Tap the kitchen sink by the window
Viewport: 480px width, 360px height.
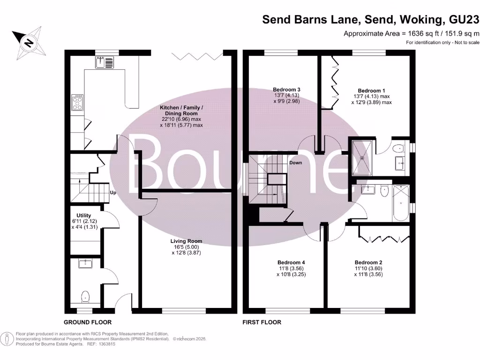click(105, 62)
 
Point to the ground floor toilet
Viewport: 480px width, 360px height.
click(85, 297)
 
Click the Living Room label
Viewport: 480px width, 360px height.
click(186, 241)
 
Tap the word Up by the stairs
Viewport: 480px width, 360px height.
click(113, 193)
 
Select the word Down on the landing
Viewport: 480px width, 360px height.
click(295, 163)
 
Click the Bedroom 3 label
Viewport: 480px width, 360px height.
click(286, 90)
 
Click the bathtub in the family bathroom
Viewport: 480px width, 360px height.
click(401, 203)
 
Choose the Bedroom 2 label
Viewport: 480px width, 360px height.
click(368, 262)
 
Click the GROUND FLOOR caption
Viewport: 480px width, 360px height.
click(88, 322)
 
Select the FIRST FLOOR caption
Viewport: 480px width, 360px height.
click(262, 322)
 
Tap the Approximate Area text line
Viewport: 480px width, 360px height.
click(411, 33)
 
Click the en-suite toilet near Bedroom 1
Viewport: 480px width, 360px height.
click(398, 149)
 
